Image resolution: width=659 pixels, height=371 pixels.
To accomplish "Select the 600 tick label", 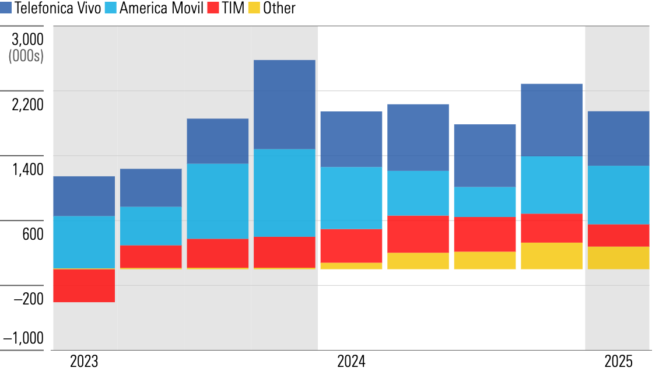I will tap(31, 235).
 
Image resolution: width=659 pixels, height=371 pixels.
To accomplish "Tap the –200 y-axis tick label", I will tap(27, 299).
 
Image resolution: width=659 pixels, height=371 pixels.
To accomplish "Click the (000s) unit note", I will tap(26, 57).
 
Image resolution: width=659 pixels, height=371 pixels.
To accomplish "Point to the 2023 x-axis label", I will tap(84, 362).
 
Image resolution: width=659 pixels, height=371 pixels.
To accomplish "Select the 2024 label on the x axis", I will tap(351, 362).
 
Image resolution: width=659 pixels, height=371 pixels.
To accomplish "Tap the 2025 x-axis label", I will tap(618, 362).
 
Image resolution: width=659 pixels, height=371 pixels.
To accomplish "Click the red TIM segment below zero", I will tap(84, 286).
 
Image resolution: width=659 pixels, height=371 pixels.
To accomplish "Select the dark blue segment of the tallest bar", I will tap(285, 104).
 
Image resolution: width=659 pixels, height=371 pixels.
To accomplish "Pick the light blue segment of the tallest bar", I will tap(285, 192).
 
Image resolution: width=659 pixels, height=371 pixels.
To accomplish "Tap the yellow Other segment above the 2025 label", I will tap(618, 258).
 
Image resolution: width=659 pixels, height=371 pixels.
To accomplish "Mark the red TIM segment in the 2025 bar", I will tap(618, 236).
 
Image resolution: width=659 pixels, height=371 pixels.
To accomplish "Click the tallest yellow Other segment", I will tap(552, 256).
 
